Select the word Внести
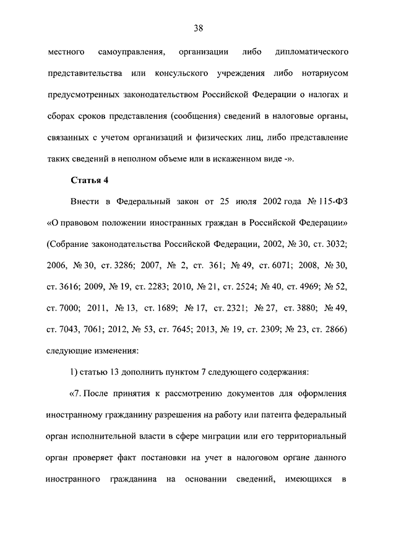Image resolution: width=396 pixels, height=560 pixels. coord(85,201)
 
